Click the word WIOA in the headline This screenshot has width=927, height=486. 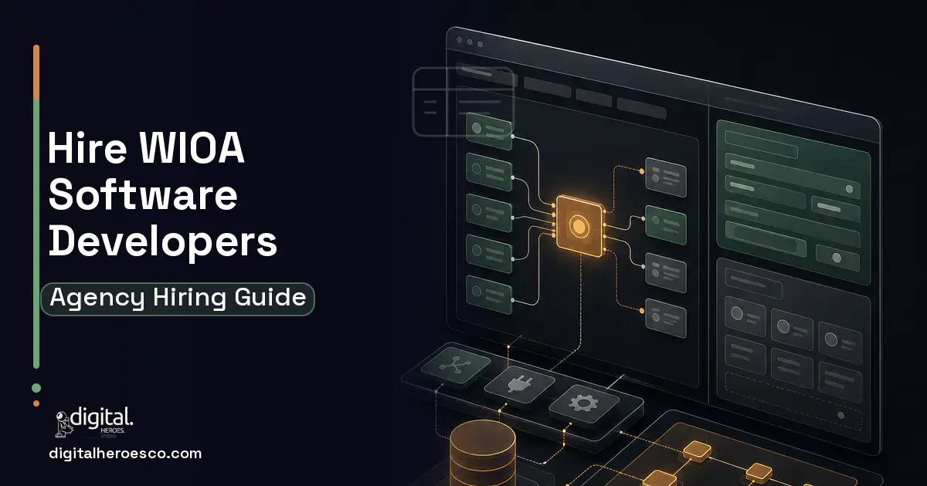click(192, 148)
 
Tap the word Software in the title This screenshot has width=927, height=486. click(143, 194)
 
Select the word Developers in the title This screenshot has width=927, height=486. click(163, 242)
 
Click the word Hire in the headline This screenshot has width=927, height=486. click(87, 148)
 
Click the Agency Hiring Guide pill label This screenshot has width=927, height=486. click(178, 299)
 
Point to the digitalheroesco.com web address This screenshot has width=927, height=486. click(125, 454)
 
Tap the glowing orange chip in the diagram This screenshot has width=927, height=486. click(579, 225)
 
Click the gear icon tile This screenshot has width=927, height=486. click(583, 403)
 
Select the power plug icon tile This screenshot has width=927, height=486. click(519, 384)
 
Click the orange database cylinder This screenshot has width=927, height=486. click(483, 454)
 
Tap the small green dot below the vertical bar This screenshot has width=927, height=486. click(36, 387)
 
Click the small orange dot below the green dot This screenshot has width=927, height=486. click(36, 403)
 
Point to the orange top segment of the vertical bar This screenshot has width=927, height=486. click(36, 73)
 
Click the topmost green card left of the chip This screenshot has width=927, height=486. click(489, 131)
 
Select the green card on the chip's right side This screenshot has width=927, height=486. click(666, 224)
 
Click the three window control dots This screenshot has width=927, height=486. click(470, 42)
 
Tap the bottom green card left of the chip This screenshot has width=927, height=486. click(489, 295)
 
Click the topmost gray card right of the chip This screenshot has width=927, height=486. click(666, 177)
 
